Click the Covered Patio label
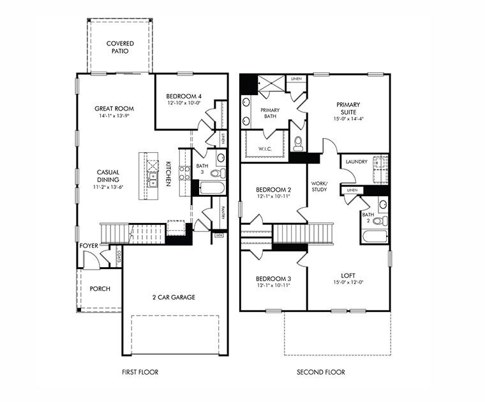point(120,47)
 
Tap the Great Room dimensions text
point(114,116)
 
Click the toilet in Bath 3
point(216,173)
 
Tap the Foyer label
point(89,245)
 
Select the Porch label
point(100,289)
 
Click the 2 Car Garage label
point(174,297)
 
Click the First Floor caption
point(140,372)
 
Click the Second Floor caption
point(320,372)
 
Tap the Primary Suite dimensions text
point(348,118)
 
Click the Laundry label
point(356,162)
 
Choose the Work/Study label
point(319,186)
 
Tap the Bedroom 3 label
point(273,279)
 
